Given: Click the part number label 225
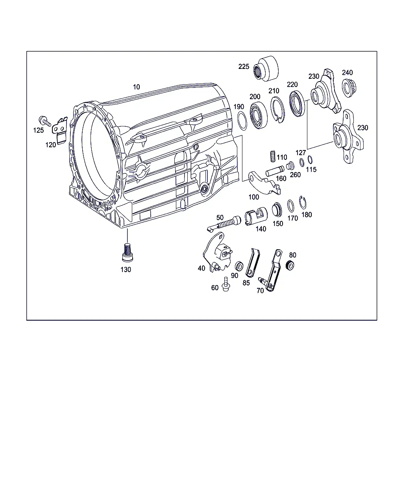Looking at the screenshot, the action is [244, 67].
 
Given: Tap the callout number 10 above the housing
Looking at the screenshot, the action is [136, 87].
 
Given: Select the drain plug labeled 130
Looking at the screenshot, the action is [128, 252].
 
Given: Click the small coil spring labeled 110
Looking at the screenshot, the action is [273, 156].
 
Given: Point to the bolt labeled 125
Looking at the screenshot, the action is [45, 121].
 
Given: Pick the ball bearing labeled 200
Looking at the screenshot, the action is [259, 115].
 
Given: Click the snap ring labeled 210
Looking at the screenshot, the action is [278, 109].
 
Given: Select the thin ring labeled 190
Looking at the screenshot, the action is [242, 120].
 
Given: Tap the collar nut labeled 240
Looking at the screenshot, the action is [349, 88].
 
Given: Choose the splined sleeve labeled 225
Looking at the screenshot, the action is [266, 69].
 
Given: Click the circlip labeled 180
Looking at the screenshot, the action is [303, 202].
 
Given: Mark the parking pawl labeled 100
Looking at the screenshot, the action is [264, 183].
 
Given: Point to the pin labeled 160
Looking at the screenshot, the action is [275, 171].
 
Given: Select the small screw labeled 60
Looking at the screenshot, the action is [226, 284].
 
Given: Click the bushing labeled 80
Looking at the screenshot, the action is [290, 265].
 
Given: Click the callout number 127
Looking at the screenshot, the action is [301, 153].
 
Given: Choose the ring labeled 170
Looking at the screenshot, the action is [290, 206].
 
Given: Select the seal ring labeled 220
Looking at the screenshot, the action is [297, 104].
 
